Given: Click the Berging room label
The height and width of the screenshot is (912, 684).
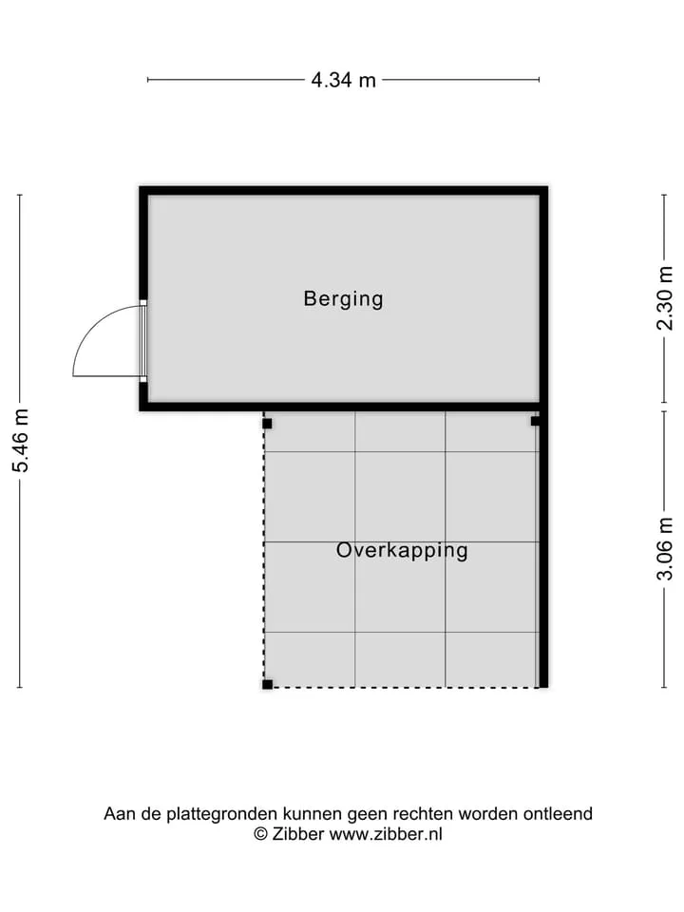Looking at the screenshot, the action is pyautogui.click(x=343, y=299).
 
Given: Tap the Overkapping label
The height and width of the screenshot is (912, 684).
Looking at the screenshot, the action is pyautogui.click(x=402, y=550).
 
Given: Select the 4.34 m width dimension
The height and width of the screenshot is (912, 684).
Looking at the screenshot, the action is pyautogui.click(x=343, y=80).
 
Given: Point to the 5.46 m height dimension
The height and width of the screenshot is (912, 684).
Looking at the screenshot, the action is pyautogui.click(x=22, y=440).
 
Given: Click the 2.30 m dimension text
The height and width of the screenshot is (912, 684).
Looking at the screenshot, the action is pyautogui.click(x=664, y=297).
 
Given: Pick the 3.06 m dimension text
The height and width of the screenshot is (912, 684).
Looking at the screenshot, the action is pyautogui.click(x=664, y=548).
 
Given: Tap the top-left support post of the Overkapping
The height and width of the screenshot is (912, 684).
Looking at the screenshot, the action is pyautogui.click(x=267, y=424).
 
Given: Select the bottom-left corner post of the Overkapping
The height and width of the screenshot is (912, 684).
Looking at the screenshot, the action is pyautogui.click(x=267, y=684).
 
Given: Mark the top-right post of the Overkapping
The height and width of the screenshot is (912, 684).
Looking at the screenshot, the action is pyautogui.click(x=535, y=421).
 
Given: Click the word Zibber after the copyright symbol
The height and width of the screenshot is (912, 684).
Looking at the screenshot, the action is pyautogui.click(x=297, y=834).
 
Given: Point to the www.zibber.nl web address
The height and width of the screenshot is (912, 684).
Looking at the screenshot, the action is pyautogui.click(x=386, y=834).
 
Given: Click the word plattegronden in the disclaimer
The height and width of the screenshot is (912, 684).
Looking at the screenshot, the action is pyautogui.click(x=222, y=814).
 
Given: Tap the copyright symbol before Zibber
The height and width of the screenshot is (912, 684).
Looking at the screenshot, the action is pyautogui.click(x=261, y=834).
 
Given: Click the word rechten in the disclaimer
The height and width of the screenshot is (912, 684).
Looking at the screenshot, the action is pyautogui.click(x=424, y=814).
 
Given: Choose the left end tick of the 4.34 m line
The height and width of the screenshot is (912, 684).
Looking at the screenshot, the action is pyautogui.click(x=148, y=80).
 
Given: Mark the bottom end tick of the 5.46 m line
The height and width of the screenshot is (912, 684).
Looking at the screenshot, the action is pyautogui.click(x=20, y=687).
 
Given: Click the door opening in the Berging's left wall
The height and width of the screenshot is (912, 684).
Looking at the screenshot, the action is pyautogui.click(x=143, y=341).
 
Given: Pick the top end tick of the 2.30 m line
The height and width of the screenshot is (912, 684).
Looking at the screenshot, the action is pyautogui.click(x=664, y=195).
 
